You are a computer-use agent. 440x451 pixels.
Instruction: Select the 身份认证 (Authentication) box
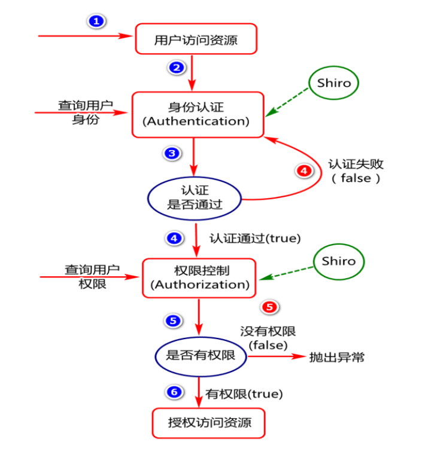(197, 114)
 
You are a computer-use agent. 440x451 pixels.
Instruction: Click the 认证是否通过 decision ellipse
(195, 198)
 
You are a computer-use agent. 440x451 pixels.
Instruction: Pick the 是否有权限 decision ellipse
(201, 356)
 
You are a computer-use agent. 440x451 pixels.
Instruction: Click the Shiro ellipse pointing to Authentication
(334, 83)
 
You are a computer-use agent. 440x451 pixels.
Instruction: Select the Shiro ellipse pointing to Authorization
(338, 261)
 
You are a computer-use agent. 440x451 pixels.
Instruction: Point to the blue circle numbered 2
(175, 68)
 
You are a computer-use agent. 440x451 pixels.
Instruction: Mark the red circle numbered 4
(305, 171)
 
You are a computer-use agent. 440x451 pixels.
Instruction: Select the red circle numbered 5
(270, 307)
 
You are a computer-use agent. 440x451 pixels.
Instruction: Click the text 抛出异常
(336, 358)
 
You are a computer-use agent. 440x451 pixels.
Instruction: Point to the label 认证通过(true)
(254, 238)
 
